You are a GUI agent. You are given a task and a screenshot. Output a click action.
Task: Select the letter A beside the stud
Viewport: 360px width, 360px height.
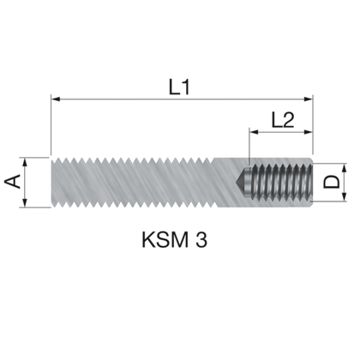coord(13,182)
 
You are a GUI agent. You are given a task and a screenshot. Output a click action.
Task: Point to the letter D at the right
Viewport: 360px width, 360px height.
coord(331,182)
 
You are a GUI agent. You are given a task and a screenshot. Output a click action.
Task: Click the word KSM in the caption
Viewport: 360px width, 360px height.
coord(162,237)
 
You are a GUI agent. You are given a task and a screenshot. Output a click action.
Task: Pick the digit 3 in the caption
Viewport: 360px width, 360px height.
coord(201,237)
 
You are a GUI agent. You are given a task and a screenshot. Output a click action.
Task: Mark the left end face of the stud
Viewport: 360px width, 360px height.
coord(53,182)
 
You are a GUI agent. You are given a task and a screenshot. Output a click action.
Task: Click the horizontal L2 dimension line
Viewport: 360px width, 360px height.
coord(279,133)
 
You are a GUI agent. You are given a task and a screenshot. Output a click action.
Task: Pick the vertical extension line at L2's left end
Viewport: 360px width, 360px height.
coord(249,146)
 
